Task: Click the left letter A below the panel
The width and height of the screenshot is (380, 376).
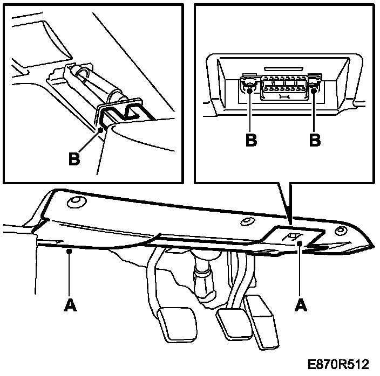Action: (x=70, y=305)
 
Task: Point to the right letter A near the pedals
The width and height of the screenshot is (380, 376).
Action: (x=301, y=305)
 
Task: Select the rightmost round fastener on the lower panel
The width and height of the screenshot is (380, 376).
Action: (x=340, y=231)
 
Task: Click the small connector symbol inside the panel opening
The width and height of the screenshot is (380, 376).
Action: (x=294, y=237)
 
